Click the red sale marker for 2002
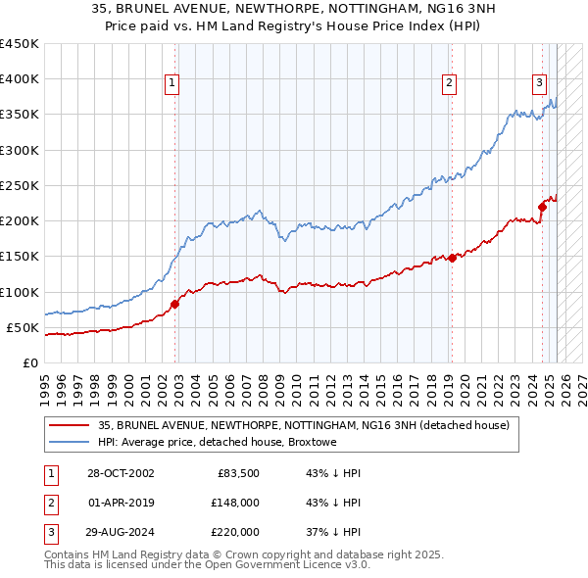pos(175,304)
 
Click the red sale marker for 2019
pos(452,258)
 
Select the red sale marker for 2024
pos(542,206)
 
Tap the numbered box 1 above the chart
pos(171,84)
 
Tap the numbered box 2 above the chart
pos(449,84)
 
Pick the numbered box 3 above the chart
pos(539,84)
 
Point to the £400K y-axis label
pos(20,79)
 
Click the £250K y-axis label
pos(20,185)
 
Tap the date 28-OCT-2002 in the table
pos(121,473)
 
